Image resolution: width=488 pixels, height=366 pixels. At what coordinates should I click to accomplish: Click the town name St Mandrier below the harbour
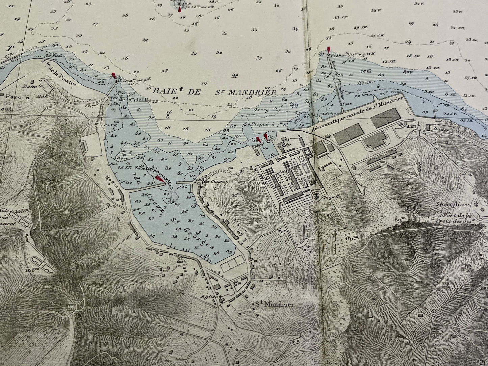pyautogui.click(x=275, y=304)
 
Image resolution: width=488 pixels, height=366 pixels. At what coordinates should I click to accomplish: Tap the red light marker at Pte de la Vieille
pyautogui.click(x=113, y=75)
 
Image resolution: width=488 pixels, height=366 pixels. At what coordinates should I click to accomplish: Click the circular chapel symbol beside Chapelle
pyautogui.click(x=317, y=197)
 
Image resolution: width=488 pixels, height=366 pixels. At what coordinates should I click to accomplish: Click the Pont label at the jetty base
pyautogui.click(x=344, y=105)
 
